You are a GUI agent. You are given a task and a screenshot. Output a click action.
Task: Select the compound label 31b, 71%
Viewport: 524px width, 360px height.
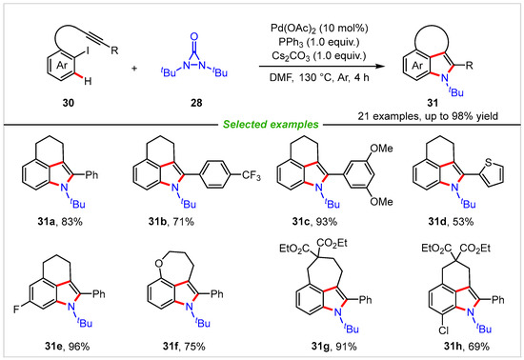(184, 229)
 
